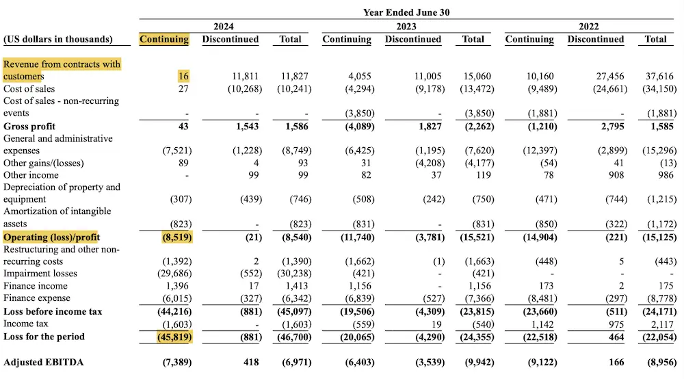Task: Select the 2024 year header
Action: coord(223,26)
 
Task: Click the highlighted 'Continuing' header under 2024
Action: coord(164,40)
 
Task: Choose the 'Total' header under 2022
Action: coord(655,40)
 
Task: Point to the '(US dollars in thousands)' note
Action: coord(58,40)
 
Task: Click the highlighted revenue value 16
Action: coord(183,77)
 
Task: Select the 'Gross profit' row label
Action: coord(29,127)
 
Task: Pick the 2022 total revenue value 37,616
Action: coord(660,77)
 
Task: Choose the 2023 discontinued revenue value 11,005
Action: coord(428,77)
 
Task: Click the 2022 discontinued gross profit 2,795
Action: coord(610,127)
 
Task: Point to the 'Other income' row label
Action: coord(31,175)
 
